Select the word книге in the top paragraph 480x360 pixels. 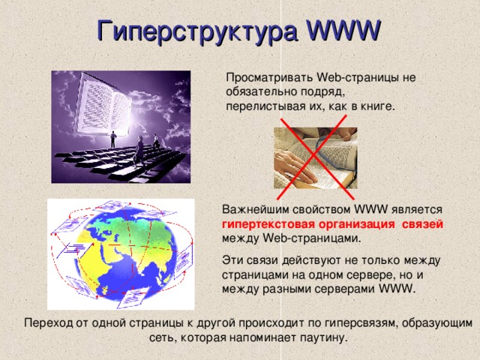coord(375,106)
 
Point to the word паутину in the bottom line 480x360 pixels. coord(322,337)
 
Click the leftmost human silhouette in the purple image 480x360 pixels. coord(112,139)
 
